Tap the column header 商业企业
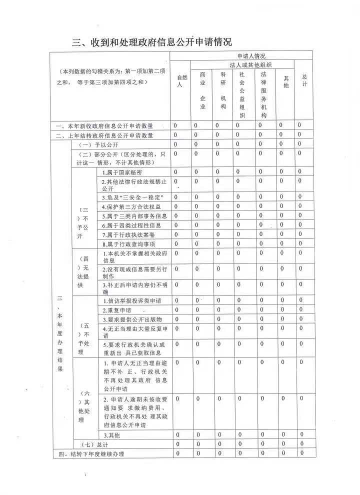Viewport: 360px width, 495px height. point(202,90)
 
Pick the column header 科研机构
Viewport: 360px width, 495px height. point(223,90)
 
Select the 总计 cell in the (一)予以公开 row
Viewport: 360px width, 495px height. point(300,144)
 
